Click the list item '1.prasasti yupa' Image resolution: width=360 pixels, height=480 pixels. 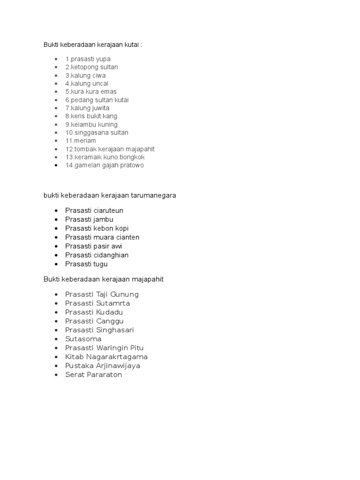[88, 59]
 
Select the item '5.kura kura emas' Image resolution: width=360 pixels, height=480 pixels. [91, 91]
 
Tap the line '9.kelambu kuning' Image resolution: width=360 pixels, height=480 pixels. [91, 124]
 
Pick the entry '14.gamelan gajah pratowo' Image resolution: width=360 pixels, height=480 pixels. [105, 165]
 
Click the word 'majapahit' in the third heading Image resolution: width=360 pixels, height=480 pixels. [148, 279]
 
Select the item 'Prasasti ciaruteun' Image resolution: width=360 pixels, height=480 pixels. [94, 210]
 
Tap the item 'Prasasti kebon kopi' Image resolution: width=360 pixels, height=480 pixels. [97, 228]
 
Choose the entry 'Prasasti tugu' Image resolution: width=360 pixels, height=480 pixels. [86, 264]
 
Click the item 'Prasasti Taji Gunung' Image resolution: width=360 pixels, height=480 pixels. [102, 294]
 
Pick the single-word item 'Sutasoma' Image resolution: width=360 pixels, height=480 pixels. [83, 339]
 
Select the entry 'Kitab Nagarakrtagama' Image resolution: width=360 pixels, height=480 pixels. [106, 357]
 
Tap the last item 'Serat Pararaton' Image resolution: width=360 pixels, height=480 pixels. [94, 375]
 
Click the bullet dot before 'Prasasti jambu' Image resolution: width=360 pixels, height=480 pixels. [56, 219]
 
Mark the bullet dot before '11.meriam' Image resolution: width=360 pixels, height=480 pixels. [56, 141]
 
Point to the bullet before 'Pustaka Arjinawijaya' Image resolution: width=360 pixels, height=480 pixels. [56, 366]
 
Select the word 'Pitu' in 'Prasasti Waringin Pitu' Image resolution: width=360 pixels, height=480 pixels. [136, 348]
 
